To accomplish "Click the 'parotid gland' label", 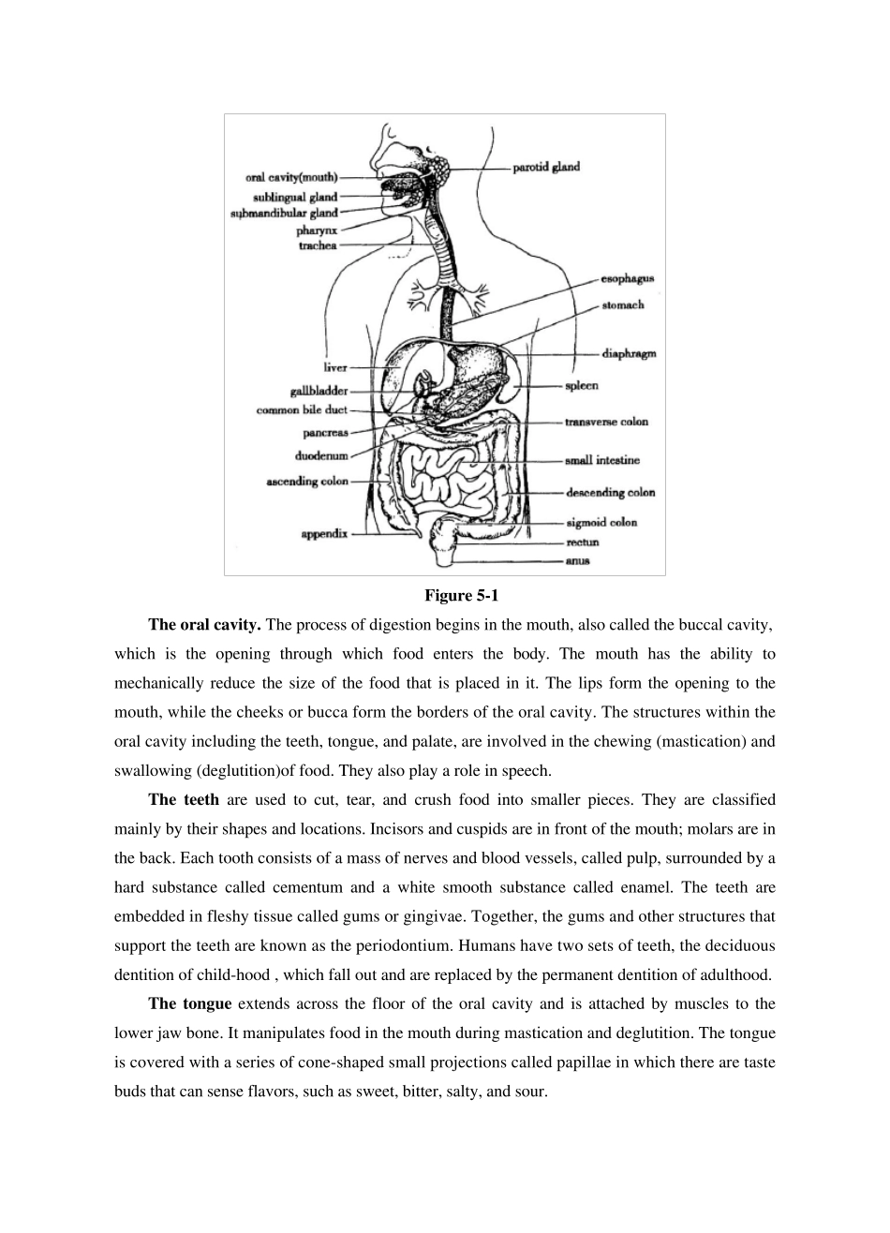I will (x=546, y=168).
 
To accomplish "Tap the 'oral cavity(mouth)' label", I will (x=291, y=177).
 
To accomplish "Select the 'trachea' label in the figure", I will (x=318, y=246).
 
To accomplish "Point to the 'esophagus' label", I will (x=627, y=278).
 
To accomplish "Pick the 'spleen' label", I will (x=581, y=386).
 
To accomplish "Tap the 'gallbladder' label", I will (x=319, y=391).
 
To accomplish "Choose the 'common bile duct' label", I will (x=302, y=410).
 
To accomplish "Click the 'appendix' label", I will (x=323, y=534).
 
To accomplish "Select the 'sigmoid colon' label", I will (x=601, y=523).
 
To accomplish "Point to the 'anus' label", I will (x=577, y=561).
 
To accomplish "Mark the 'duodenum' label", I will (x=321, y=456).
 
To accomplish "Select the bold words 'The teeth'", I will (x=184, y=800).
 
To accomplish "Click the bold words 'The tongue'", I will (x=189, y=1004).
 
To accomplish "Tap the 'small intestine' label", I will (x=602, y=461).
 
